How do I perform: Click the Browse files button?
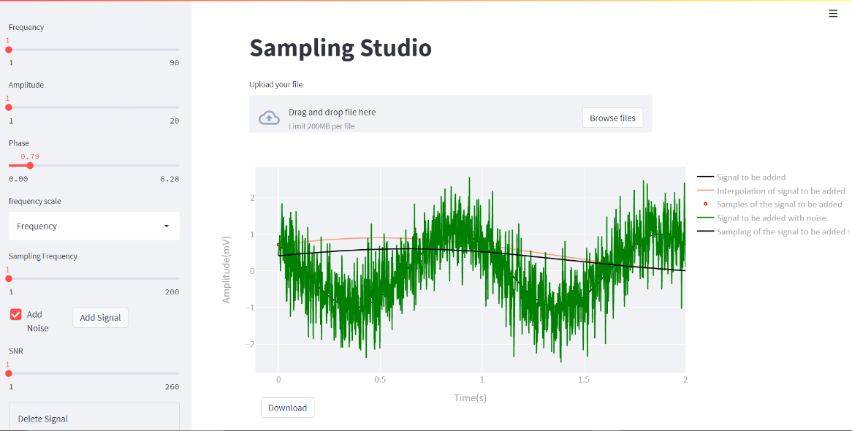point(612,118)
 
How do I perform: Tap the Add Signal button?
point(100,318)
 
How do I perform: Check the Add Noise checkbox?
point(16,314)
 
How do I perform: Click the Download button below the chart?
point(287,408)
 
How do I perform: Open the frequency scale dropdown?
point(94,226)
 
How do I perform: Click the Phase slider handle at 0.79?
point(30,165)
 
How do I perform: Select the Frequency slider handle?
point(9,50)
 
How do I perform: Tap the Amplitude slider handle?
point(9,107)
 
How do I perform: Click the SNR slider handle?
point(9,373)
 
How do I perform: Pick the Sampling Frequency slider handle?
point(9,278)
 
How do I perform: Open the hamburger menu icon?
point(833,13)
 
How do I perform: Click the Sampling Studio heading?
point(341,48)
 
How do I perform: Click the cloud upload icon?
point(270,118)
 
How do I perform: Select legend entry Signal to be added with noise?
point(771,218)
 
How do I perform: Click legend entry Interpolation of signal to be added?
point(780,191)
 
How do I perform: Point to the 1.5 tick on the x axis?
point(584,380)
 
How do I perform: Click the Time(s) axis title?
point(470,397)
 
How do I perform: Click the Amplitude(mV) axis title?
point(227,270)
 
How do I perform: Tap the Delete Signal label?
point(43,419)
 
